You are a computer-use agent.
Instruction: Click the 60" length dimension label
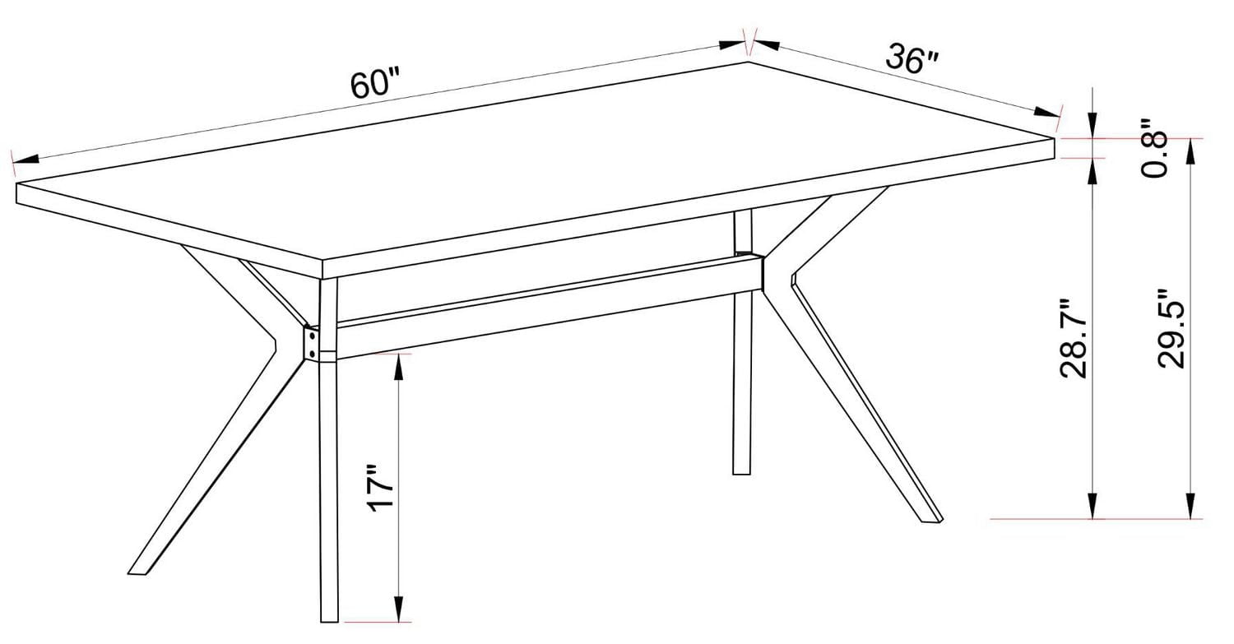point(374,84)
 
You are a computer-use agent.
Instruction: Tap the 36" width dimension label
point(912,58)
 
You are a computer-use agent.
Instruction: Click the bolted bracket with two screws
point(313,343)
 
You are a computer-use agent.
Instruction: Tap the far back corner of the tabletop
point(748,62)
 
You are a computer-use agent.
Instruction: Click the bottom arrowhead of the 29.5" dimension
point(1190,510)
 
